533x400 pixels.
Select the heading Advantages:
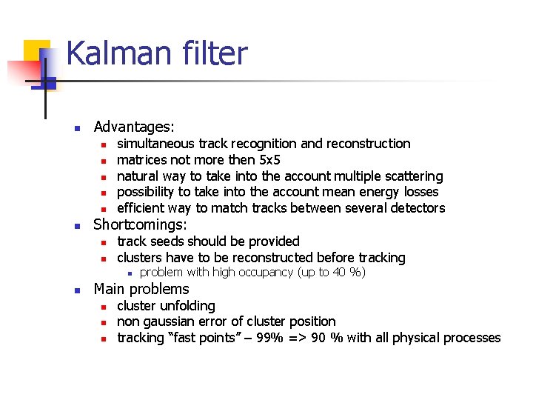[134, 127]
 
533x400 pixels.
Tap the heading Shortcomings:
[140, 224]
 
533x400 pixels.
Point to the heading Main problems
[141, 289]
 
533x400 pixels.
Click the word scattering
[410, 176]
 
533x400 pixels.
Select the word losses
[419, 192]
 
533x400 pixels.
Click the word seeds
[167, 241]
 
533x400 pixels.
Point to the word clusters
[141, 258]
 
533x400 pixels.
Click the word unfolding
[189, 306]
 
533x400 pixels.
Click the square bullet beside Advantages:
[76, 127]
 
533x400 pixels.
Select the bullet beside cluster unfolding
[104, 307]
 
